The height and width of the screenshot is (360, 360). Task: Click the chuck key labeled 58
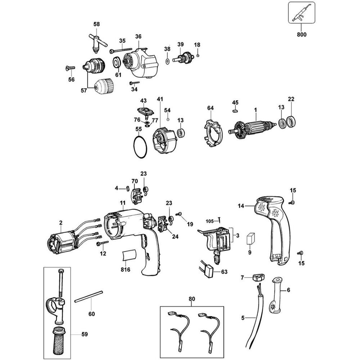pos(96,43)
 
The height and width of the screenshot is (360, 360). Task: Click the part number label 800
pos(302,35)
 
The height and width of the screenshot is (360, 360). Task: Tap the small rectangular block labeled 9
pos(250,238)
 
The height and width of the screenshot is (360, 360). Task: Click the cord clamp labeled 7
pos(258,277)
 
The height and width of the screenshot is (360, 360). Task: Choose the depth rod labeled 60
pos(89,296)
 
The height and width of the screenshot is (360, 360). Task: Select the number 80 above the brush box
pos(192,298)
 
